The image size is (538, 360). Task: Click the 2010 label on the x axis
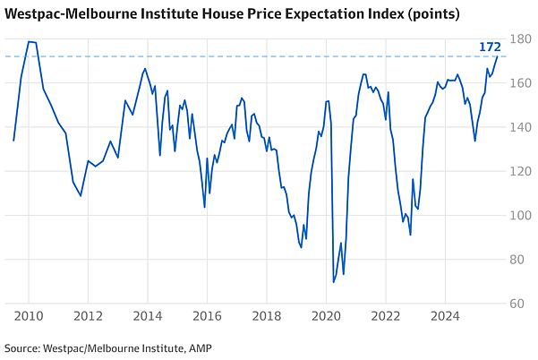29,316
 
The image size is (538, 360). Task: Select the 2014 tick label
148,316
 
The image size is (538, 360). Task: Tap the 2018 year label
267,316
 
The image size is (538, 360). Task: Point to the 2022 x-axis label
386,316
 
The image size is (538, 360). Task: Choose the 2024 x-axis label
445,316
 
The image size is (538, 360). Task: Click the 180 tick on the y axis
520,39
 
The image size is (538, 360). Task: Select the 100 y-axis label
520,215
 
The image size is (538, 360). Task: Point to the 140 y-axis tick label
520,127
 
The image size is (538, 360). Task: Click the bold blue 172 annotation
490,47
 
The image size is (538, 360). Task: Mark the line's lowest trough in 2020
334,282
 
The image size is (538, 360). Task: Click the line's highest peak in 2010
29,42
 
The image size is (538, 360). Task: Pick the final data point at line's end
497,56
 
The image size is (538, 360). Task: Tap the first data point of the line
13,141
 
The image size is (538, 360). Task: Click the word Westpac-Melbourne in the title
64,14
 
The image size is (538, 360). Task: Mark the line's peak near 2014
145,69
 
